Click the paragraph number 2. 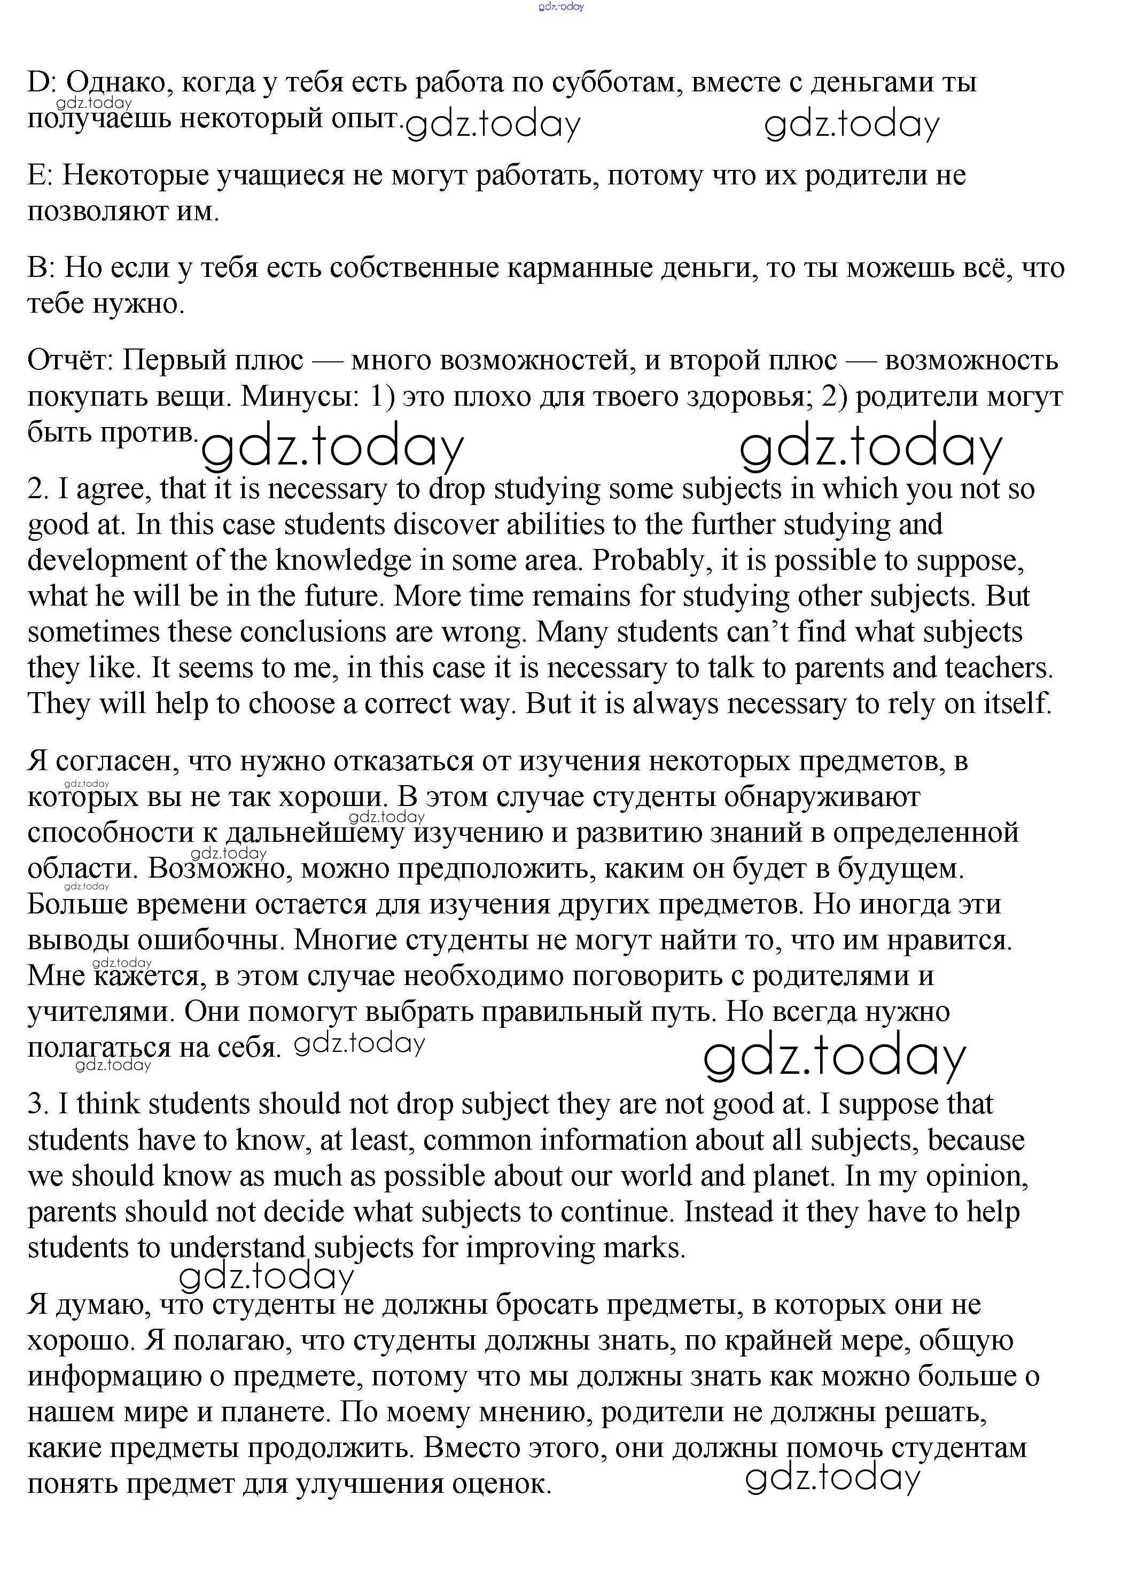[37, 489]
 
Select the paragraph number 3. [37, 1104]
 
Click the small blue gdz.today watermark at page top [561, 7]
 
